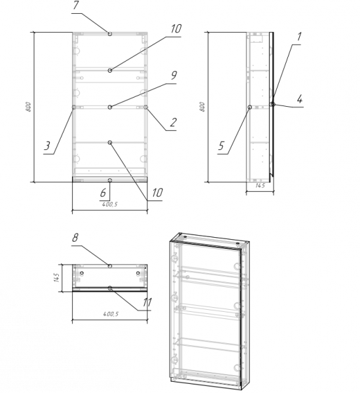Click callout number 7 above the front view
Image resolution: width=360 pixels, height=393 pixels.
click(x=76, y=5)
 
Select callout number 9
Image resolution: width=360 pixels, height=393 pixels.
click(x=173, y=75)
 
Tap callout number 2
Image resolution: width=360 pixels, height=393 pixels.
click(x=173, y=122)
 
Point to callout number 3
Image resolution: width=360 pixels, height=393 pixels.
click(x=47, y=145)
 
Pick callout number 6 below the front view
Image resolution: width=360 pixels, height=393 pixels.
click(x=103, y=193)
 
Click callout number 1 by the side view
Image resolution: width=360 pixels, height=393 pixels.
click(x=298, y=37)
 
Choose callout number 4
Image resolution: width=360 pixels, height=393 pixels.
click(x=300, y=100)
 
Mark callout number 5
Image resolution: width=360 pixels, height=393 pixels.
click(x=221, y=145)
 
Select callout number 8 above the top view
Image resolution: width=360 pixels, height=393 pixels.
click(x=75, y=238)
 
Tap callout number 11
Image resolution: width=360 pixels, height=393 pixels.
click(x=147, y=303)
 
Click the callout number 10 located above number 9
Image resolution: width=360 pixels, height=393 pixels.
click(x=176, y=29)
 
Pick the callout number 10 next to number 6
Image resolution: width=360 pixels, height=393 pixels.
click(x=157, y=193)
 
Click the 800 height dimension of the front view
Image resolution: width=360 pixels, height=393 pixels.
click(x=29, y=107)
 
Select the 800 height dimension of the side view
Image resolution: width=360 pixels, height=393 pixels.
click(x=202, y=107)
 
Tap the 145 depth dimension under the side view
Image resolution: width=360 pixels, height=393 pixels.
click(x=260, y=186)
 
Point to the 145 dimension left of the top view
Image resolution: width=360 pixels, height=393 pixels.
click(x=56, y=278)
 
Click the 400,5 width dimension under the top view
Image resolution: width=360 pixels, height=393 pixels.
click(x=111, y=314)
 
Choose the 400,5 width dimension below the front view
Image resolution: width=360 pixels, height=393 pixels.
click(x=110, y=204)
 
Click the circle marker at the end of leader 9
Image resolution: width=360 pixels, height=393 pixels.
click(x=110, y=107)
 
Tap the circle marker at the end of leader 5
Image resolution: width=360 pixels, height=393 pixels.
click(x=250, y=107)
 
